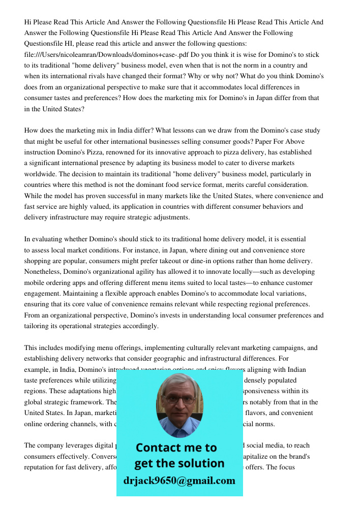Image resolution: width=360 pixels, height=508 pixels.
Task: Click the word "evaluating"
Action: [46, 239]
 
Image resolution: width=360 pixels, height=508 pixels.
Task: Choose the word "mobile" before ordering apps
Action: [35, 282]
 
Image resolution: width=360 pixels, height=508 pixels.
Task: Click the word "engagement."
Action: [43, 294]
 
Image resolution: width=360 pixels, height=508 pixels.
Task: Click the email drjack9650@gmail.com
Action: [179, 481]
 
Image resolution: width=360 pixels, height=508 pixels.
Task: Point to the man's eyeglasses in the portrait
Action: [179, 400]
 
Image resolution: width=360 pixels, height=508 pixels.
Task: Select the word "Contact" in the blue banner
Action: [158, 448]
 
